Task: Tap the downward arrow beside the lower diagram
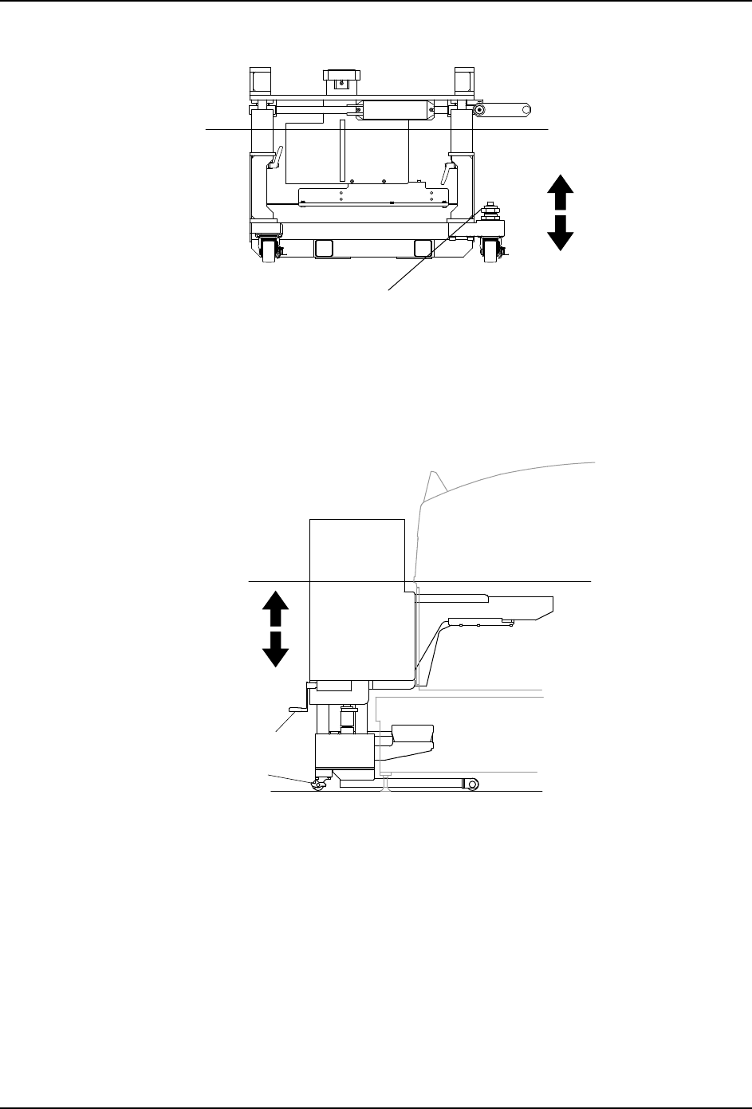click(x=275, y=647)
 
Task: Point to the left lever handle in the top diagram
click(x=274, y=159)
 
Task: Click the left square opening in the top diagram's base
click(x=325, y=249)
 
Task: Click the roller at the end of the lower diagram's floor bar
click(x=473, y=785)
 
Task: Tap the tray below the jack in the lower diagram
click(x=411, y=735)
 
